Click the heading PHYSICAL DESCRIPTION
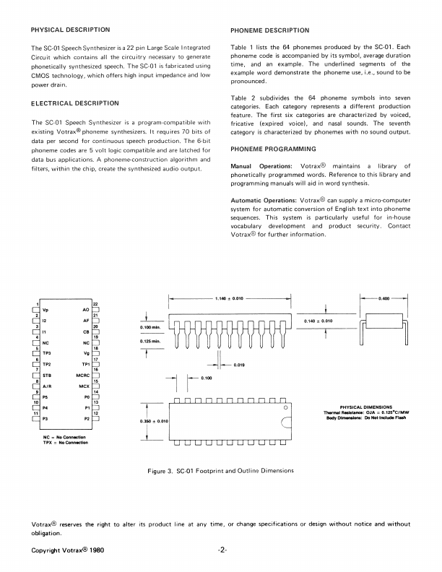71,30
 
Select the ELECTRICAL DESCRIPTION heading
74,103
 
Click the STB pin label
47,376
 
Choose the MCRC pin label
82,376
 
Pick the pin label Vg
87,353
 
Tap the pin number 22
95,303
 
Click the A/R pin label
48,386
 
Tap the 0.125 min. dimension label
149,341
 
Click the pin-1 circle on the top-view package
286,409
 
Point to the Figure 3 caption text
220,471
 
